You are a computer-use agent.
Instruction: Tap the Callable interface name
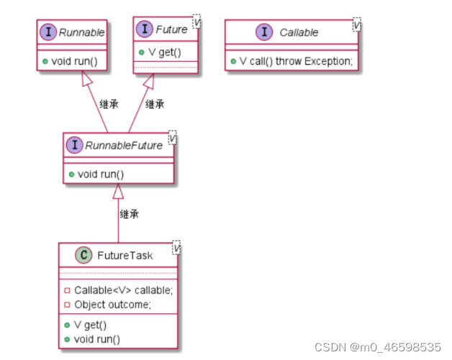tap(299, 32)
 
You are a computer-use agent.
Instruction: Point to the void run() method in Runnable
tap(73, 62)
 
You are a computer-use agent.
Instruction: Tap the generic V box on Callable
tap(356, 25)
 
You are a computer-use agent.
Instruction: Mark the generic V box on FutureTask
tap(176, 248)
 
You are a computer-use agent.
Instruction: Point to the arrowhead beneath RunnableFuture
tap(118, 192)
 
